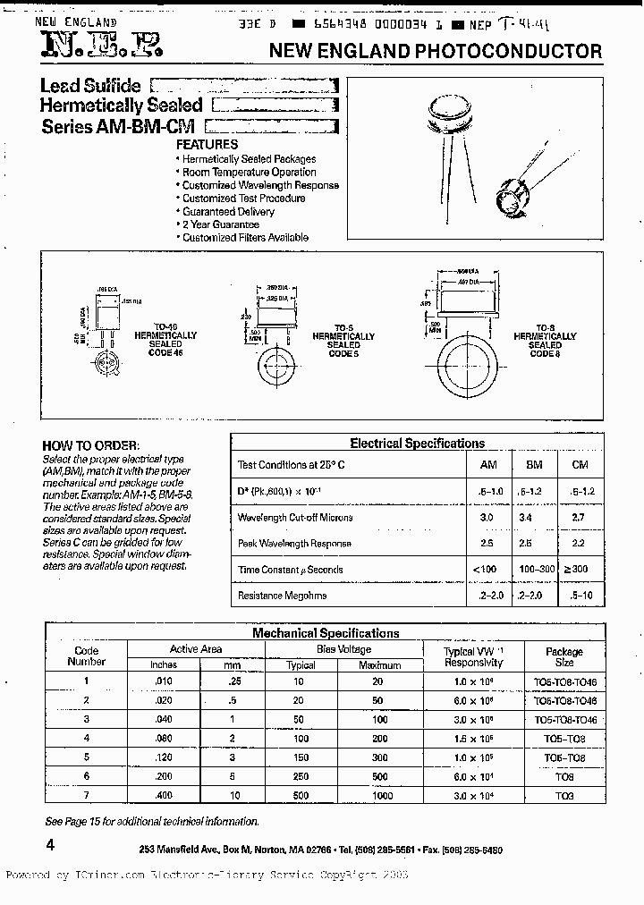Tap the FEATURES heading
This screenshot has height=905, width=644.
click(x=207, y=144)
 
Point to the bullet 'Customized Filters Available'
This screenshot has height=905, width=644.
click(x=245, y=238)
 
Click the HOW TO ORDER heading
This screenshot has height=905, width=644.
click(x=91, y=445)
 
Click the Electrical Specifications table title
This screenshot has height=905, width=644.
click(x=417, y=443)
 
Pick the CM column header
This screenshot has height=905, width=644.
click(x=579, y=466)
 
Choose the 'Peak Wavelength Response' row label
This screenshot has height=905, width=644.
click(x=294, y=543)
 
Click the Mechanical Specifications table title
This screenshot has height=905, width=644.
click(x=326, y=632)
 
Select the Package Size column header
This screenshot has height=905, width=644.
click(x=563, y=657)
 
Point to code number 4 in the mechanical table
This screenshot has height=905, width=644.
click(x=87, y=738)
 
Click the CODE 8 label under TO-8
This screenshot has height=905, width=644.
click(x=545, y=353)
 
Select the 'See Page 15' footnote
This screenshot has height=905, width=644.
click(x=152, y=821)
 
